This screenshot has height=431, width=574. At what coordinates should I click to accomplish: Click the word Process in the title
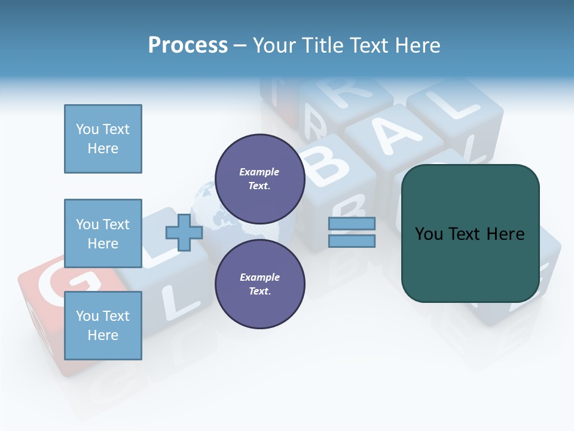click(188, 45)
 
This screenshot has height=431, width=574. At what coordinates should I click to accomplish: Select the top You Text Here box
click(103, 139)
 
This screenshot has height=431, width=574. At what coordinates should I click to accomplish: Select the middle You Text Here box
click(103, 233)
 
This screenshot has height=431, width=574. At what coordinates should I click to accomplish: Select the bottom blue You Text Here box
click(103, 326)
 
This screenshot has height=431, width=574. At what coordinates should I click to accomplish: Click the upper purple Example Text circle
click(259, 179)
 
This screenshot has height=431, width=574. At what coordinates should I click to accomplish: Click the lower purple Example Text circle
click(259, 284)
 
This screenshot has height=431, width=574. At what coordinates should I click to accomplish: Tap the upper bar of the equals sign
click(352, 224)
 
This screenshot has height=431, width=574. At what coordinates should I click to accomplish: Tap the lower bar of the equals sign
click(352, 241)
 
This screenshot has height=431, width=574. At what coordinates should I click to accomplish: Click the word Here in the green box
click(505, 234)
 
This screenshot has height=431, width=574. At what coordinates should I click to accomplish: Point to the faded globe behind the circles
click(209, 204)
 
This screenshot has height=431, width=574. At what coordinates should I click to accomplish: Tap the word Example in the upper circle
click(259, 172)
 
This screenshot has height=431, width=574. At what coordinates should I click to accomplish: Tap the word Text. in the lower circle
click(259, 292)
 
